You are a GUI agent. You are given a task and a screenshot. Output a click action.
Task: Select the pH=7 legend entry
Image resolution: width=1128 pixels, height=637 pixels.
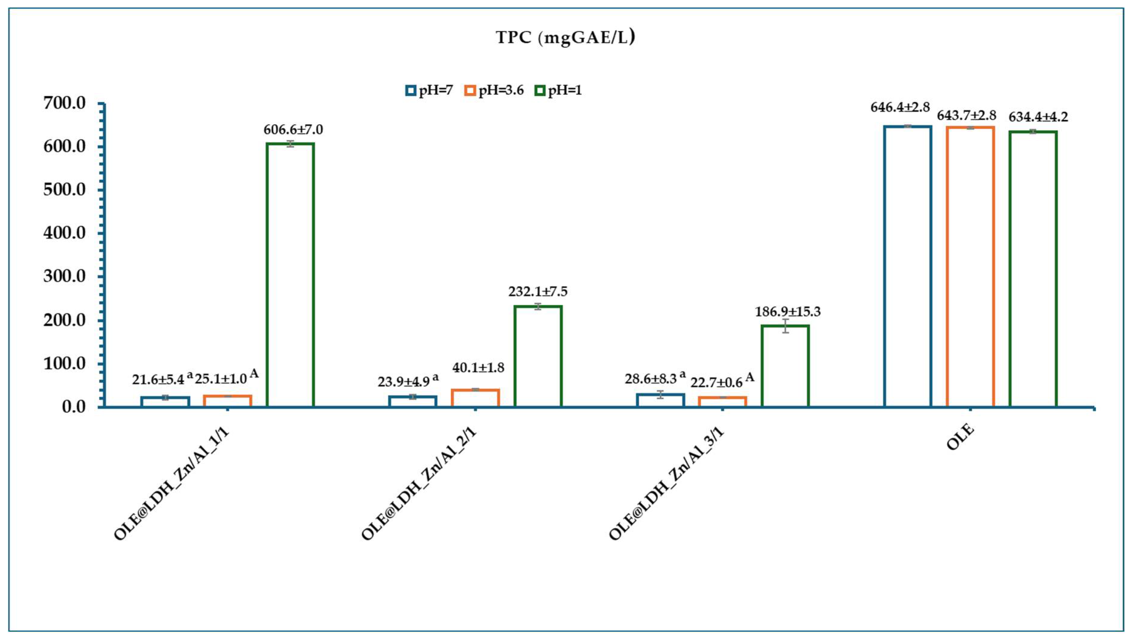point(429,91)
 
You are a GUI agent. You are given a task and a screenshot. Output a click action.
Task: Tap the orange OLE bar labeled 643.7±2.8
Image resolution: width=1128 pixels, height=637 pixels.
point(970,267)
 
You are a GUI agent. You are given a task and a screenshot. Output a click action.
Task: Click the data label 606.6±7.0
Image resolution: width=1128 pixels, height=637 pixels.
point(293,130)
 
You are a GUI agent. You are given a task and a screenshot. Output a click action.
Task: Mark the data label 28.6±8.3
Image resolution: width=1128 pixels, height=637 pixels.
point(651,378)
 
